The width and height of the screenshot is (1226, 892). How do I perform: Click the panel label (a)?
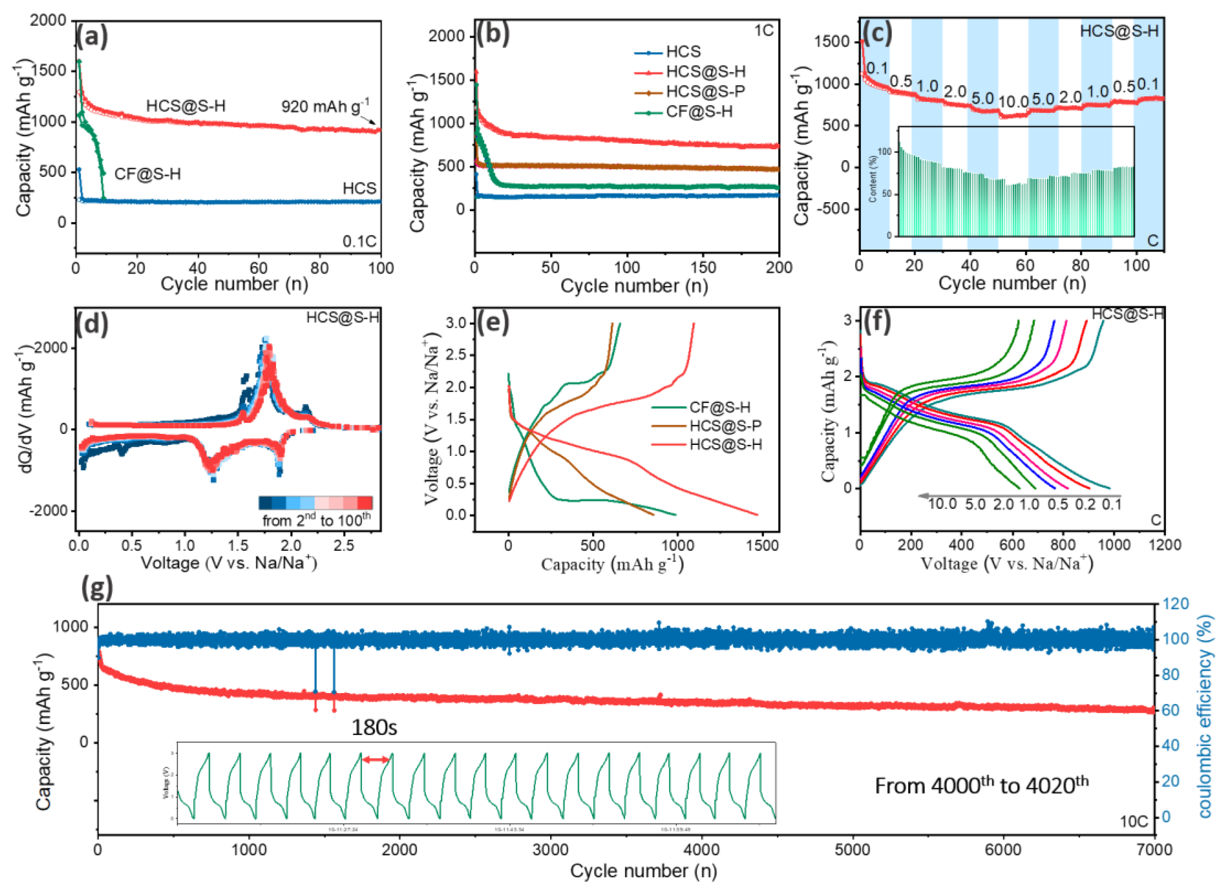coord(91,36)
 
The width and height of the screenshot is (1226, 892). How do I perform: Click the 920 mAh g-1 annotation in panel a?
coord(326,106)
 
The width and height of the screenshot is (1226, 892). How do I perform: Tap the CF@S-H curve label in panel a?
coord(147,174)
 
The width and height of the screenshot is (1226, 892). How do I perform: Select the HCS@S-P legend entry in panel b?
coord(705,91)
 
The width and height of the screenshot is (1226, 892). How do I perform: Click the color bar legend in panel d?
coord(316,503)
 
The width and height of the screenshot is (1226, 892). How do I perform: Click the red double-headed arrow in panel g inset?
coord(376,760)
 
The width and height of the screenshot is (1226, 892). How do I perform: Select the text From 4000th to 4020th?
coord(981,785)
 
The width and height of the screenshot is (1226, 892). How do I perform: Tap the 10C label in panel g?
coord(1133,821)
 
